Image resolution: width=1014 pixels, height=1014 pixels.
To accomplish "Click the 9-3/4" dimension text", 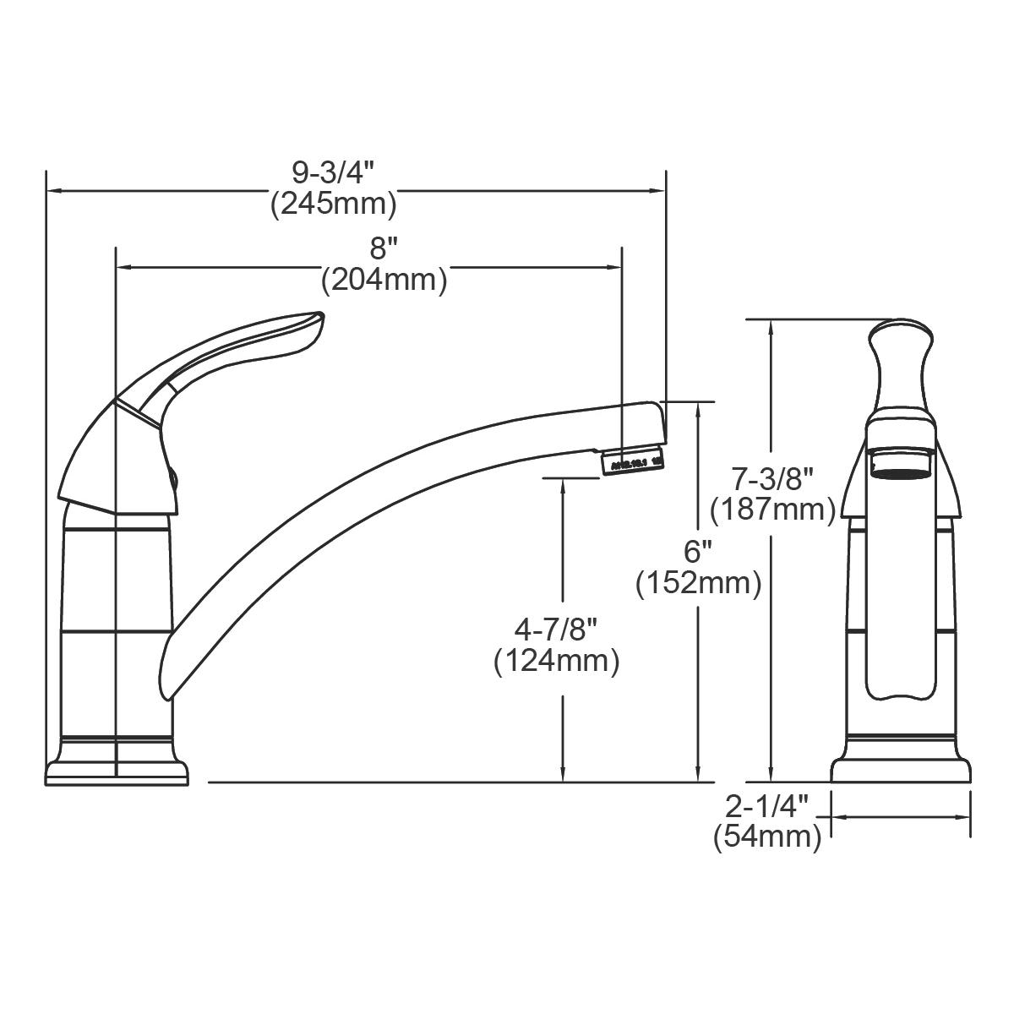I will [332, 173].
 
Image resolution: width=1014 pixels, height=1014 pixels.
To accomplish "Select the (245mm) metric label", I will [333, 204].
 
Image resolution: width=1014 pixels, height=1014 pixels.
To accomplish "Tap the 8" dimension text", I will [384, 248].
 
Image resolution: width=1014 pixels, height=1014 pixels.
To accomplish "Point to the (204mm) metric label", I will [384, 279].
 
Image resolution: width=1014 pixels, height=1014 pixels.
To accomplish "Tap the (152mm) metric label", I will [698, 583].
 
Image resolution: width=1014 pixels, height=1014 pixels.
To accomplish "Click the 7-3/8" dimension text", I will [772, 479].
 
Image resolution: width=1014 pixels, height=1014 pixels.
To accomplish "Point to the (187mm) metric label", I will [772, 510].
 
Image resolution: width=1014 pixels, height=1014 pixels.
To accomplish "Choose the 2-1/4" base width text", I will [767, 806].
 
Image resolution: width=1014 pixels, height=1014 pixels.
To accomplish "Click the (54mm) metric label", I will [767, 837].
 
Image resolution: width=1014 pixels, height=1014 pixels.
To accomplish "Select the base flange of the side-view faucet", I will [115, 770].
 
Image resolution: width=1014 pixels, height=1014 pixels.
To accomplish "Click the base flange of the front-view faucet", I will [901, 769].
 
